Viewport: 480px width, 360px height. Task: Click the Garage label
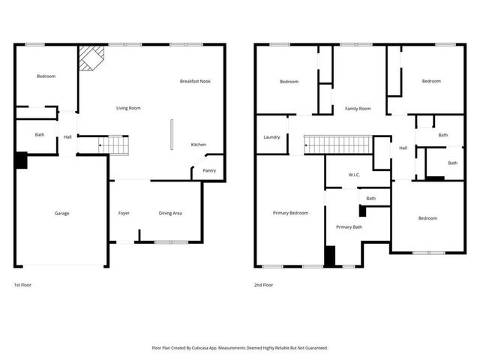click(x=61, y=213)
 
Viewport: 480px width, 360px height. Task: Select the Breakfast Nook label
click(x=195, y=81)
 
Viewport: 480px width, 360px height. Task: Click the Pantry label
click(x=209, y=170)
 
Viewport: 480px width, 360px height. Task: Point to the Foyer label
click(x=124, y=213)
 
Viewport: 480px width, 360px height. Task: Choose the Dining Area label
click(x=170, y=213)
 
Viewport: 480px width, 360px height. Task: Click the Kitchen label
click(x=198, y=145)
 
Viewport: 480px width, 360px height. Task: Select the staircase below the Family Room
click(x=337, y=144)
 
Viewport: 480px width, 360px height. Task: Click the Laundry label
click(x=271, y=137)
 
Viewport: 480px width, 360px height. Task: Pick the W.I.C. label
click(x=355, y=175)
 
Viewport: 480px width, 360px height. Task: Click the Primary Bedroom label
click(x=289, y=213)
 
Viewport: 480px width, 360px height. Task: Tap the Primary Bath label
click(x=349, y=226)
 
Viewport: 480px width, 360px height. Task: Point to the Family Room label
click(x=358, y=109)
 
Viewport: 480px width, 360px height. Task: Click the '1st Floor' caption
click(x=22, y=285)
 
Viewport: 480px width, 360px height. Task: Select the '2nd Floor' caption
click(x=263, y=285)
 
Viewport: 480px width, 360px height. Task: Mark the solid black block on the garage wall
click(x=21, y=160)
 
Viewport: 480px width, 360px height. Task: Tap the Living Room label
click(x=128, y=108)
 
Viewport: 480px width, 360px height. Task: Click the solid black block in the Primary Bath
click(x=329, y=256)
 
